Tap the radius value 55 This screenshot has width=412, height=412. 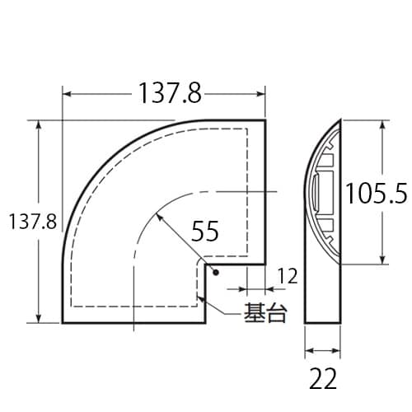(204, 232)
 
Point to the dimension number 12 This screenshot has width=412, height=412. (287, 278)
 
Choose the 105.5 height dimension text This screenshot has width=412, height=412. (376, 193)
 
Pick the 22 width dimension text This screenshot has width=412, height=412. (325, 380)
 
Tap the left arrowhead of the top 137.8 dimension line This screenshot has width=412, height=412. (67, 94)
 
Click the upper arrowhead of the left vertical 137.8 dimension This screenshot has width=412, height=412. (39, 124)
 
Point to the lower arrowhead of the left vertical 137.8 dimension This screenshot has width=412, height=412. (39, 319)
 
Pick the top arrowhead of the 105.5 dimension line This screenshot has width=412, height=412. (383, 124)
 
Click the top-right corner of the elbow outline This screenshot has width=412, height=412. (265, 120)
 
